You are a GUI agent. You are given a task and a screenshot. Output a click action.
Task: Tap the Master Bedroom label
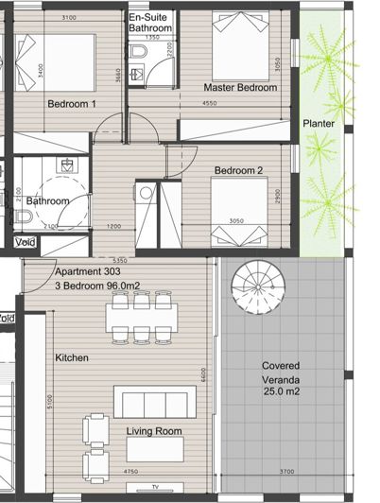241,88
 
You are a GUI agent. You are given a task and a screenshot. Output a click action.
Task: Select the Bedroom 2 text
238,170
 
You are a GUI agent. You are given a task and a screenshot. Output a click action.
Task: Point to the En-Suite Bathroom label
150,24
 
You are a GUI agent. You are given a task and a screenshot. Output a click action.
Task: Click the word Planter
319,123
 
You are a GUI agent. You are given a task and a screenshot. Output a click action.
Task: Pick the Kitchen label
73,358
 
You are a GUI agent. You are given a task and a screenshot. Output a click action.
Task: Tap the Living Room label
154,432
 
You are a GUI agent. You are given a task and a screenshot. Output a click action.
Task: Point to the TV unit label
155,488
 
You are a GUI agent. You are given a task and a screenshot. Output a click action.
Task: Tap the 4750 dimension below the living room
131,470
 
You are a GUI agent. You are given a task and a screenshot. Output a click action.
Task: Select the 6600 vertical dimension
203,375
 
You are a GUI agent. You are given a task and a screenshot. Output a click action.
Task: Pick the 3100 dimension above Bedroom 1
69,18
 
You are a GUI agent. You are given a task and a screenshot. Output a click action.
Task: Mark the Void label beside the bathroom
27,243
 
